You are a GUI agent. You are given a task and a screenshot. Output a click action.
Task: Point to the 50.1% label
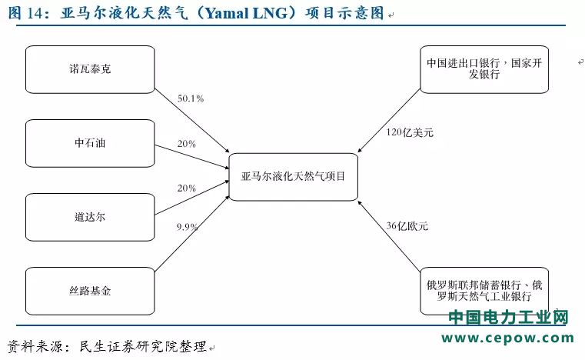click(191, 98)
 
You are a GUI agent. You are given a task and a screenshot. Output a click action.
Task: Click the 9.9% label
click(187, 227)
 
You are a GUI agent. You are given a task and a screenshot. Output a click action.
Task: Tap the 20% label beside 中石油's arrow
click(187, 144)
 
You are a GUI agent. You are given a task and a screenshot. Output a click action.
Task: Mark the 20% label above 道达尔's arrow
click(187, 188)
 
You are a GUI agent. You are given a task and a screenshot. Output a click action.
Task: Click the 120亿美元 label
click(410, 132)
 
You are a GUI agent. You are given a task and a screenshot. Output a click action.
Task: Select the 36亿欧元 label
click(407, 226)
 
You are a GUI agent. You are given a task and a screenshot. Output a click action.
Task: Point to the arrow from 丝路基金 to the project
click(191, 233)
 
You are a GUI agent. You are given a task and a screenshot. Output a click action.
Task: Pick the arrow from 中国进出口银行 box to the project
click(389, 121)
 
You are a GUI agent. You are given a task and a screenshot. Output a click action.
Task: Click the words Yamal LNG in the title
click(247, 13)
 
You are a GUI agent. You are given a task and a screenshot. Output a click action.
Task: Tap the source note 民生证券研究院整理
click(143, 347)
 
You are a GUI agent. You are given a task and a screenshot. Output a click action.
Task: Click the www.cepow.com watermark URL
click(508, 338)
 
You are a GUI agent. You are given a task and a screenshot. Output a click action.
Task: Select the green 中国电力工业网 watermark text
click(508, 317)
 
